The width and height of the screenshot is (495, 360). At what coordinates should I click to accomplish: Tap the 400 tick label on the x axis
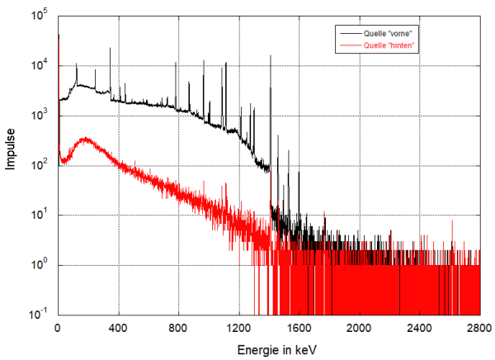click(x=118, y=329)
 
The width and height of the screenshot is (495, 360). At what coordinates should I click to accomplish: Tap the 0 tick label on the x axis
click(x=57, y=329)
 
